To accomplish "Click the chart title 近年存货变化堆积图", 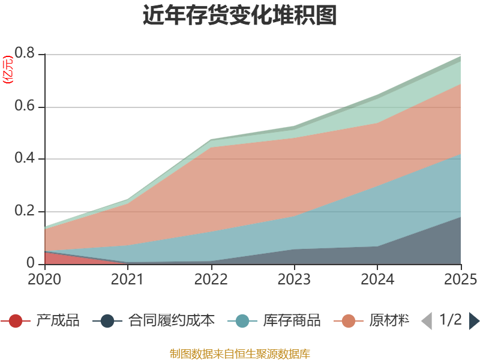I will [x=240, y=16].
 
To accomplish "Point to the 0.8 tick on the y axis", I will [x=26, y=55].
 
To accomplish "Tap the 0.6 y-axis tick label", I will [x=26, y=107].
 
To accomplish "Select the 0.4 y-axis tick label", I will [x=26, y=160].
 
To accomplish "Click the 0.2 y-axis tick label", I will [x=26, y=212].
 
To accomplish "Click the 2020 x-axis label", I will [x=44, y=279].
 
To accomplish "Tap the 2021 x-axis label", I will [x=128, y=279].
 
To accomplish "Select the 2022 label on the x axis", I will [x=211, y=279].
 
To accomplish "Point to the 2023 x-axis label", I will [x=294, y=279].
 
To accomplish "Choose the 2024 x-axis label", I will [x=377, y=279].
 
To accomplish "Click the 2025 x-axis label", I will [x=460, y=279].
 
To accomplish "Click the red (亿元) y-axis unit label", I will [x=8, y=70].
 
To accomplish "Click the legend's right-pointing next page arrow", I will [x=474, y=321].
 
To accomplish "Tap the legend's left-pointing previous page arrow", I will [x=426, y=321].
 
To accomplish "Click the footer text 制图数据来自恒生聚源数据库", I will [x=240, y=353].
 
